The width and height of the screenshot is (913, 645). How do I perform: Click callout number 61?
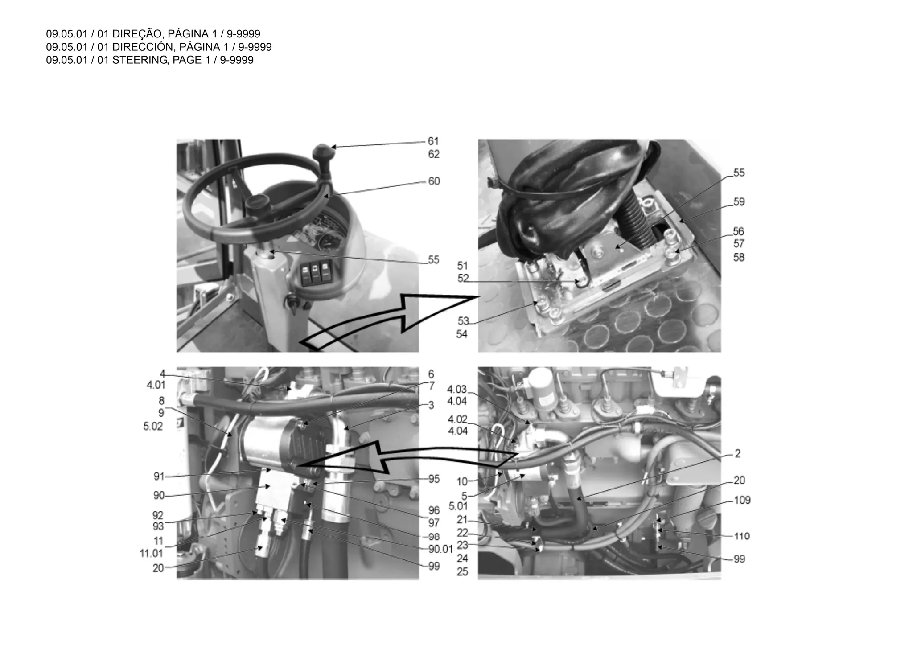coord(433,141)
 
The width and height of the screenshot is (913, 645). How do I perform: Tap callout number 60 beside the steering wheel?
coord(433,181)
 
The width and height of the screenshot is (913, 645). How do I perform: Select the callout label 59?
coord(739,202)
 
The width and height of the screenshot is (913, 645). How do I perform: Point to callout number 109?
coord(742,500)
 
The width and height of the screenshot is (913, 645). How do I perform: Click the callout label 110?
coord(742,536)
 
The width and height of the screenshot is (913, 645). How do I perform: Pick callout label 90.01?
coord(440,549)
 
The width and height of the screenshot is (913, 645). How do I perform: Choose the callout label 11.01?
coord(151,553)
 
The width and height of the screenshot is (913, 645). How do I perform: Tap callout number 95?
coord(433,479)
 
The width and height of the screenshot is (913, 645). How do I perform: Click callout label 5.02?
coord(153,427)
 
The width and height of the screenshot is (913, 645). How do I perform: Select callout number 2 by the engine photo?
coord(737,453)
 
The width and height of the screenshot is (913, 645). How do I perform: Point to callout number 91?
coord(159,477)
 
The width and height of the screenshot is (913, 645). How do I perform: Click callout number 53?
coord(463,321)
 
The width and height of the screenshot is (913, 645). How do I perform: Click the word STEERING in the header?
coord(139,60)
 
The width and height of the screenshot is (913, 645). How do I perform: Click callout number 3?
coord(431,405)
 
